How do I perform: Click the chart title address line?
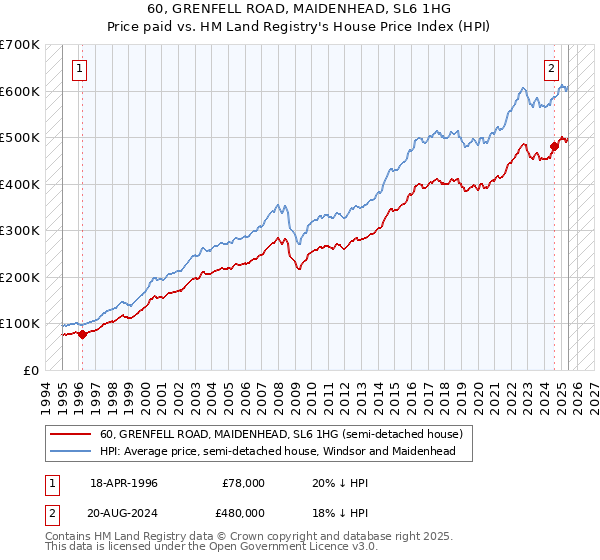(x=299, y=8)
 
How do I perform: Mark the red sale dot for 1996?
(x=82, y=334)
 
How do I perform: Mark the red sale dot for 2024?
(x=554, y=147)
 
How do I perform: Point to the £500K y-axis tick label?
(x=20, y=138)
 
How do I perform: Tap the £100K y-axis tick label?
(x=20, y=324)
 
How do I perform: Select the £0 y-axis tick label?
(x=30, y=370)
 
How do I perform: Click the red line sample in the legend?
(x=71, y=435)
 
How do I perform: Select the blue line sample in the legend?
(x=71, y=452)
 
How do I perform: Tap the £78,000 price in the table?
(x=244, y=483)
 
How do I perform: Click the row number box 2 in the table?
(x=51, y=512)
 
